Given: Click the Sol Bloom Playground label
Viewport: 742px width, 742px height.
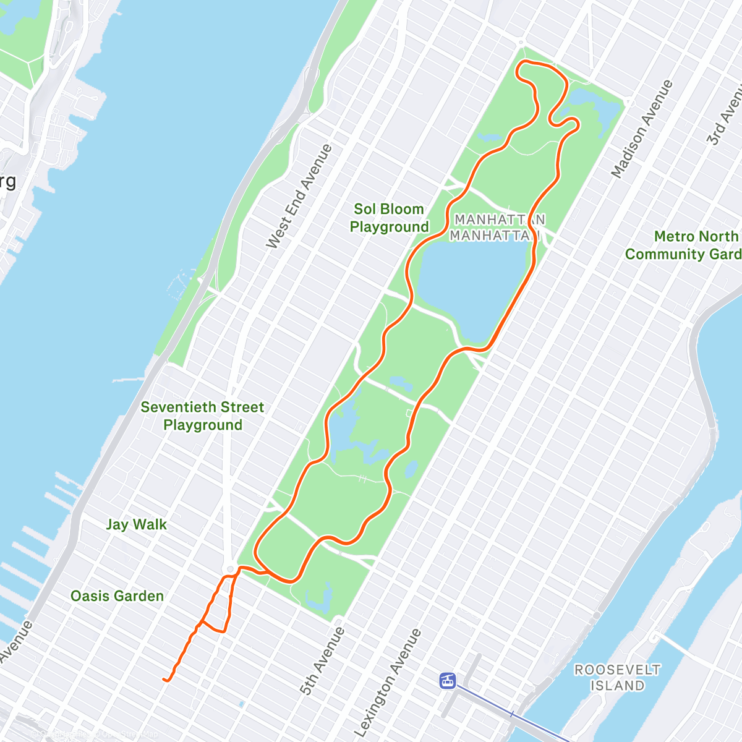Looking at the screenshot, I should tap(389, 218).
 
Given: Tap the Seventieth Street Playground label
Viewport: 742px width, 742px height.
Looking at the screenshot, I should tap(202, 416).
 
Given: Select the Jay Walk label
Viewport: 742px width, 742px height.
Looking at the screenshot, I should tap(136, 524).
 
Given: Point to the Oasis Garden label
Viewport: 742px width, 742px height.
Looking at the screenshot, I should tap(117, 596).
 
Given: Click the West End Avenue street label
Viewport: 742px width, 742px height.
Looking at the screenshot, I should tap(299, 197).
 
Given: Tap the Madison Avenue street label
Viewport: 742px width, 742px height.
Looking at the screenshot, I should tap(642, 129).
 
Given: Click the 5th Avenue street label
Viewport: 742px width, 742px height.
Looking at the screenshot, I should tap(323, 660).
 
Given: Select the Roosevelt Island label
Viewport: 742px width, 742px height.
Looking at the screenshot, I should tap(617, 678).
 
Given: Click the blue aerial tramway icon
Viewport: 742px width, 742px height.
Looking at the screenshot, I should tap(447, 681).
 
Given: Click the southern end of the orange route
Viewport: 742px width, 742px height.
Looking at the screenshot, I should tap(164, 680).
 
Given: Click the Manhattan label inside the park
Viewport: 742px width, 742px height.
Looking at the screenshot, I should tap(498, 227).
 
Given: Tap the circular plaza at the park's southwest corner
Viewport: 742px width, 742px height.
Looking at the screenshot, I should tap(231, 569).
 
